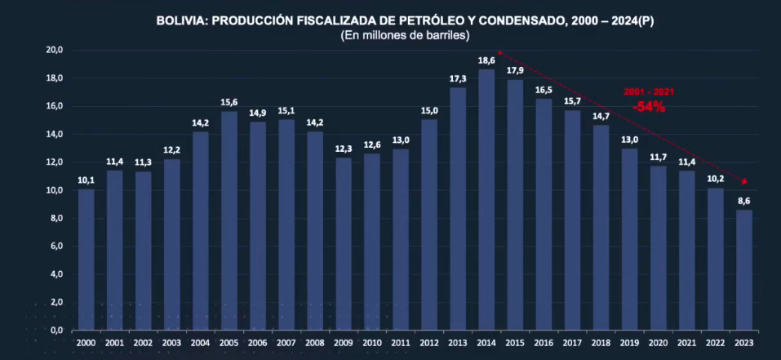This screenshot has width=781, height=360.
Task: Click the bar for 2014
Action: [x=486, y=200]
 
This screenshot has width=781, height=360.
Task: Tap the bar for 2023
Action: [x=743, y=269]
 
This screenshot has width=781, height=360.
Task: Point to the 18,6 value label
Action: [x=486, y=61]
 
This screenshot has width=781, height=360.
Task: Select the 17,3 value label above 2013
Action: [x=458, y=78]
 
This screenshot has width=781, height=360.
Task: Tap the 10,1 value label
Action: [x=86, y=180]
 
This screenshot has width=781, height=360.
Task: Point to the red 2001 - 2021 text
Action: [x=649, y=92]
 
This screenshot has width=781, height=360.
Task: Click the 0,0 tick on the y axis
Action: [x=56, y=330]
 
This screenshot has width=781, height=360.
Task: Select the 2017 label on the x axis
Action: [x=572, y=343]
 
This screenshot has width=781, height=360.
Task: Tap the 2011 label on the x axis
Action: [x=401, y=343]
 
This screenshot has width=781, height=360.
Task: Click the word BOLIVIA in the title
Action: [x=181, y=21]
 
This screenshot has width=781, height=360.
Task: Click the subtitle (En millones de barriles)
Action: [x=405, y=36]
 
